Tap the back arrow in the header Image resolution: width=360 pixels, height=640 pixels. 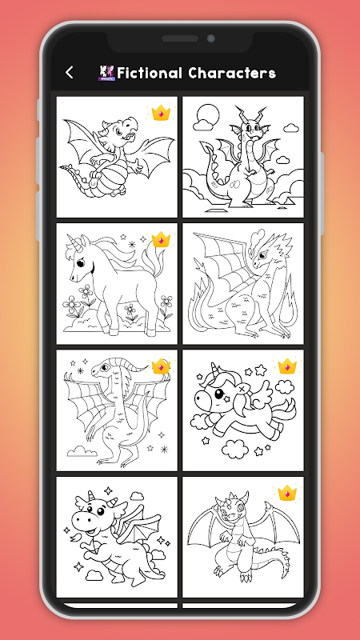70,73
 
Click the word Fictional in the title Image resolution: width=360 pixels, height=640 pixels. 150,73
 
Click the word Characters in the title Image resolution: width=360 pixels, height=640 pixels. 232,73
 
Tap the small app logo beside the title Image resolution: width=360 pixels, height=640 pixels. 107,73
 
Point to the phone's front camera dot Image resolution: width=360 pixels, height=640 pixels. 211,38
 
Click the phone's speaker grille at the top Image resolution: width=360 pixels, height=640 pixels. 179,38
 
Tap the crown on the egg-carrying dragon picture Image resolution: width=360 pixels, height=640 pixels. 161,113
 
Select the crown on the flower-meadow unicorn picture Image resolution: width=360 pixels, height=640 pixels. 161,239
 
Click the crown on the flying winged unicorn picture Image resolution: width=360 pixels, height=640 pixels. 287,366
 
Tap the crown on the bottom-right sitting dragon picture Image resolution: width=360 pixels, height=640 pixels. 287,493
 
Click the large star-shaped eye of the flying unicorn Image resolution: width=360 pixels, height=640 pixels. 220,395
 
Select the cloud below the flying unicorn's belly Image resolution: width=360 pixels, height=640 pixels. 235,449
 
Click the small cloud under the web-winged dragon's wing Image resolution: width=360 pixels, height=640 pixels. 82,451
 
